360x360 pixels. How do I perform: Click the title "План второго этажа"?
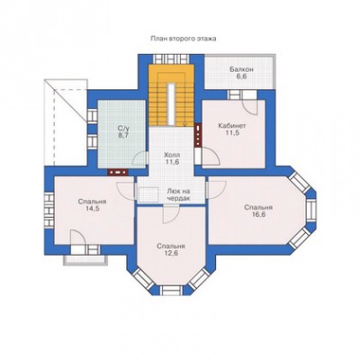[x=183, y=39]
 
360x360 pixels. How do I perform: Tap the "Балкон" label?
[x=241, y=69]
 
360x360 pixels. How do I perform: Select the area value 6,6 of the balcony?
[x=241, y=76]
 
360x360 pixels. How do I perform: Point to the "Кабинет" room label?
[x=232, y=126]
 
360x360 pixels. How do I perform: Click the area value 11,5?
[x=232, y=133]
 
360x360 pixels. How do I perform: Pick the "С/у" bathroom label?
[x=121, y=129]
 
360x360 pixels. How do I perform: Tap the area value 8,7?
[x=122, y=135]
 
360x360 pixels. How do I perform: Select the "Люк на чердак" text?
[x=179, y=194]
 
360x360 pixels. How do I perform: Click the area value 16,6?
[x=258, y=215]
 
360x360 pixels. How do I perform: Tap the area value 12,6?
[x=171, y=253]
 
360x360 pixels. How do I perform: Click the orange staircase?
[x=171, y=95]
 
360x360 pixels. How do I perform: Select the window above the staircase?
[x=171, y=58]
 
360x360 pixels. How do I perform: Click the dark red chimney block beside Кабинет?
[x=198, y=135]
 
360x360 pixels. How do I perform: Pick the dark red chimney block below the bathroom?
[x=118, y=173]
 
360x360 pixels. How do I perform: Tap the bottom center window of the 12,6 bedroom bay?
[x=171, y=290]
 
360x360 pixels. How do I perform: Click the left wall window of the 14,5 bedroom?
[x=49, y=210]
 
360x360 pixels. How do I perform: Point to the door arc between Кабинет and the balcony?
[x=250, y=107]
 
